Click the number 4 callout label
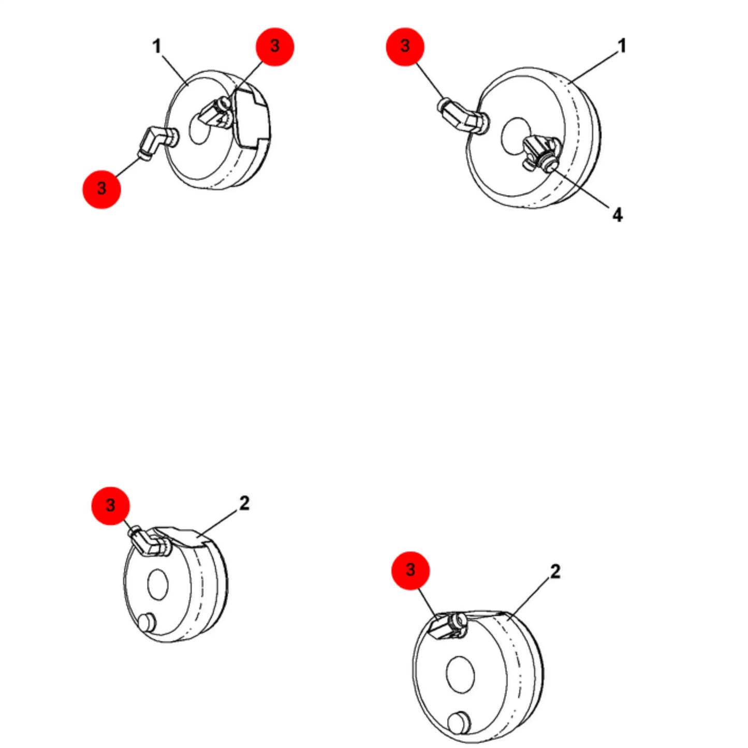tap(617, 214)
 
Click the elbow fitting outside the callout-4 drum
tap(463, 116)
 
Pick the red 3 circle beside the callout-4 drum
tap(405, 46)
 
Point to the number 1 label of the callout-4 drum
tap(622, 46)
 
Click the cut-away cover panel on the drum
tap(252, 117)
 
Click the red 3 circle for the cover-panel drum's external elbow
tap(101, 189)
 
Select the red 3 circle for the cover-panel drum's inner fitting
tap(275, 46)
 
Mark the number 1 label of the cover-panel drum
tap(157, 47)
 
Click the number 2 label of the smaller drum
tap(244, 504)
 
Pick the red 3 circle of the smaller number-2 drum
tap(111, 506)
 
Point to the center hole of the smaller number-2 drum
tap(157, 584)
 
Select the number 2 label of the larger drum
tap(555, 572)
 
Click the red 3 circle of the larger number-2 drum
tap(410, 570)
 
